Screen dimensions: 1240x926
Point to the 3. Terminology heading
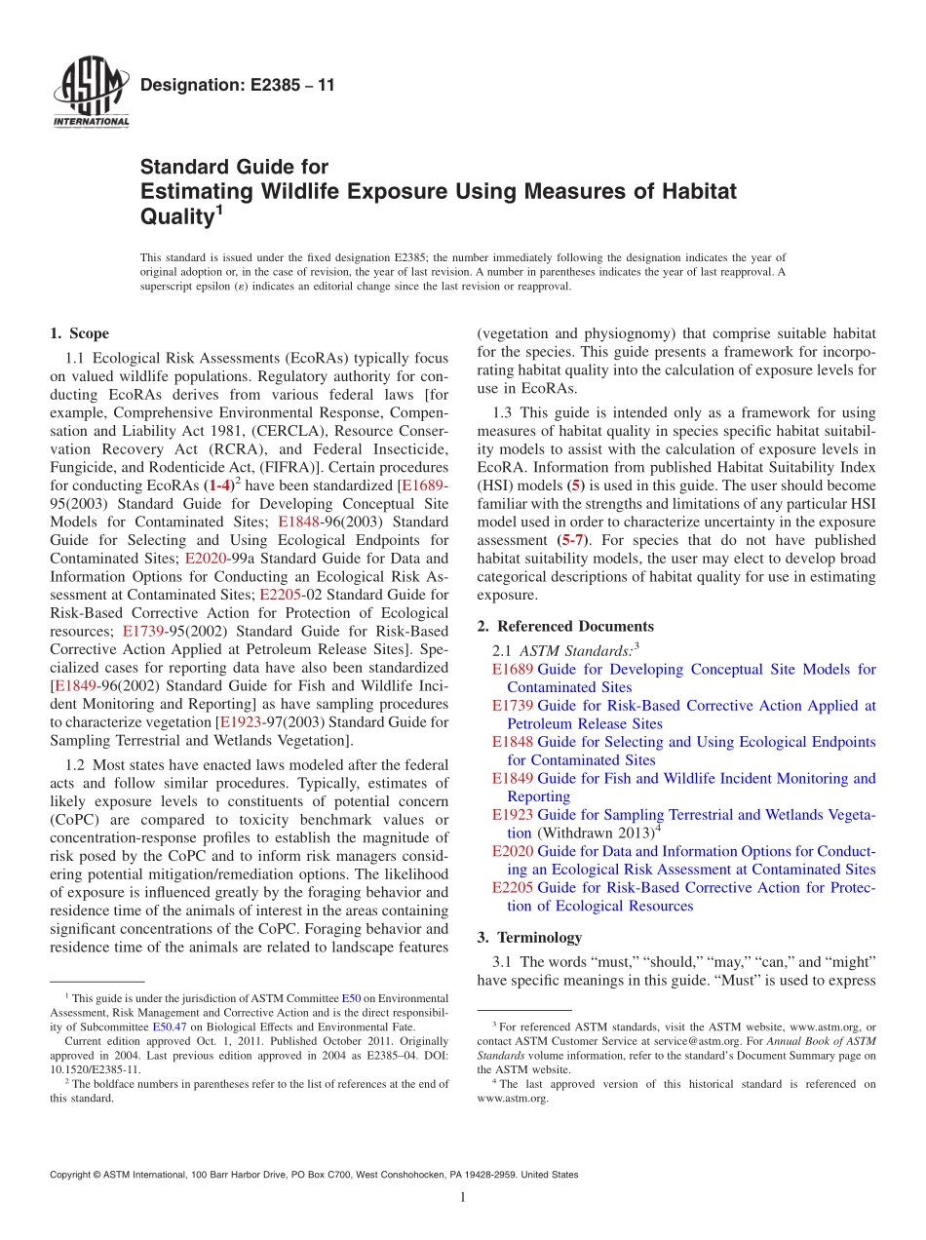pos(529,937)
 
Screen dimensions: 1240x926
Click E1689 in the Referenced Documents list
pos(513,670)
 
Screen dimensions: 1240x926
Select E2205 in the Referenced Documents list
pos(513,888)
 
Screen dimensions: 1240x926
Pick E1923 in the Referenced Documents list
pos(513,815)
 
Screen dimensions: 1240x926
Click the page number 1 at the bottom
pos(463,1197)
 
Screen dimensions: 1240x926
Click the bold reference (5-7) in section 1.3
pos(573,540)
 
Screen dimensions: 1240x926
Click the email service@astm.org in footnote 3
pos(687,1041)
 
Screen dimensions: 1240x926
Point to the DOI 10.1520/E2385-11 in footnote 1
pos(84,1068)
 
